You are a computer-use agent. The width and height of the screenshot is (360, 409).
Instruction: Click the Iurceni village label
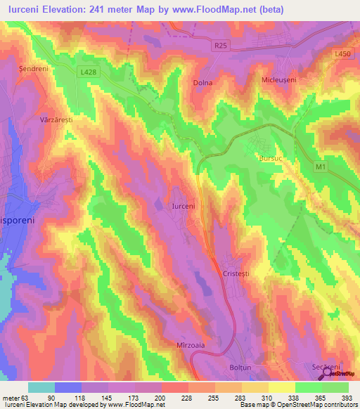[184, 206]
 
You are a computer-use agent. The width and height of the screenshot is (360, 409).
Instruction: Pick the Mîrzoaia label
[189, 346]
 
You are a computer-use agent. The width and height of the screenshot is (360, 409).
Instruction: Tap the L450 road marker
[342, 53]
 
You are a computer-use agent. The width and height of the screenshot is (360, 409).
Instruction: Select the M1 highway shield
[321, 167]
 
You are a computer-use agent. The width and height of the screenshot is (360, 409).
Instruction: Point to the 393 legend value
[347, 398]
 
